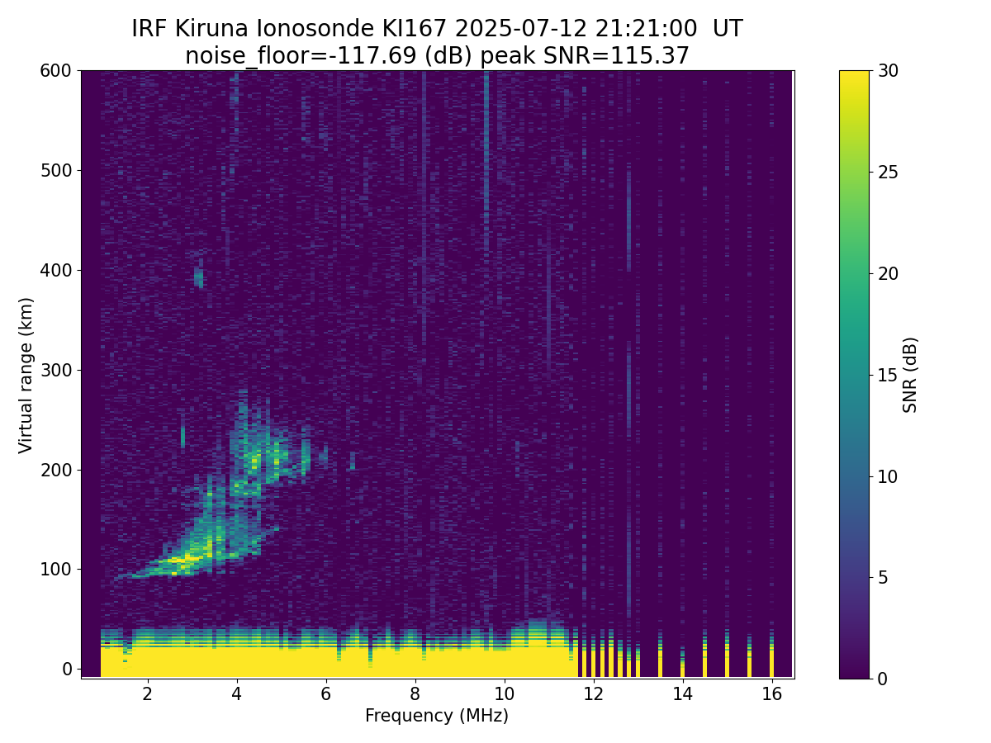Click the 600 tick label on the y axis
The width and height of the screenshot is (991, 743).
(x=55, y=71)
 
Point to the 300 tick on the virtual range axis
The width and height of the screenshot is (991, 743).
(x=78, y=370)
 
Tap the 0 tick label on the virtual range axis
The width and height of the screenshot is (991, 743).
(x=67, y=669)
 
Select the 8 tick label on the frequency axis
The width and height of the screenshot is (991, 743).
(x=415, y=693)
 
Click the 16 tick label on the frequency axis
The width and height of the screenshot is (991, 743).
(x=771, y=693)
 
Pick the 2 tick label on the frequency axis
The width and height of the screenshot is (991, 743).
(x=147, y=693)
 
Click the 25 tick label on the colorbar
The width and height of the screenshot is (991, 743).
(x=888, y=173)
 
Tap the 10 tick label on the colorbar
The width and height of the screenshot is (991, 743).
(x=888, y=476)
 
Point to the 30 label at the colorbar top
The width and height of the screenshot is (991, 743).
(x=888, y=71)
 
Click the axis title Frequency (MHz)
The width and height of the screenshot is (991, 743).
(x=437, y=716)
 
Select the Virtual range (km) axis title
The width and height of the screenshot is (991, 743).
(x=26, y=376)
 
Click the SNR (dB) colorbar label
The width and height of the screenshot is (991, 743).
(x=909, y=376)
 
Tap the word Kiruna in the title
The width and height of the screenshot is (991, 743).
(x=211, y=29)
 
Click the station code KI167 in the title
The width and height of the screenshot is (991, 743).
(x=415, y=29)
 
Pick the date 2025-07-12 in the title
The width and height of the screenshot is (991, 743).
(x=520, y=29)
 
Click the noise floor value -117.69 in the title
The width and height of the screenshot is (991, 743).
(x=377, y=56)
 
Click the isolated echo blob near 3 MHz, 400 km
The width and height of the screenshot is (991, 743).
(x=199, y=274)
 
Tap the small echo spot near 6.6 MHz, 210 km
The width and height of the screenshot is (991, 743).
(x=352, y=461)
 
